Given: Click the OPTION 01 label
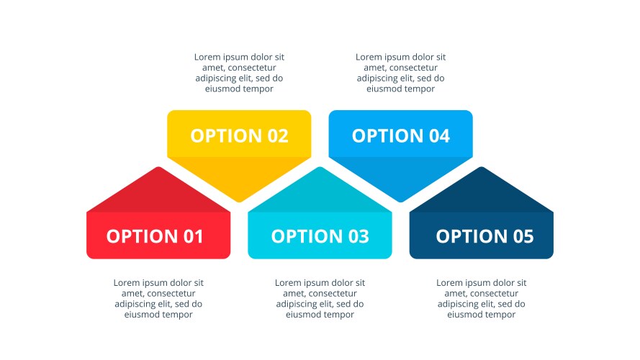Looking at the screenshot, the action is click(155, 236).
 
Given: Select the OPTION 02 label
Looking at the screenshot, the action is click(239, 136).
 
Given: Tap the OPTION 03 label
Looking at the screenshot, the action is click(320, 236).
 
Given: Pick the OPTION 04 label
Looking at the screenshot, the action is click(401, 136).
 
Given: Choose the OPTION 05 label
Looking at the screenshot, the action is click(485, 236).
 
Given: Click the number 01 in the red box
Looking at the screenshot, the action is click(193, 236).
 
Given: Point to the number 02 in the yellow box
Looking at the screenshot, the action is click(278, 136).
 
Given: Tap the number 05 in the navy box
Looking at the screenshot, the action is click(523, 236).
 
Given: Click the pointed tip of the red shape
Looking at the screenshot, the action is click(158, 167).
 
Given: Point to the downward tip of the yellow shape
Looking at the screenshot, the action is click(239, 202).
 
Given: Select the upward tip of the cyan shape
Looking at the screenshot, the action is click(320, 167).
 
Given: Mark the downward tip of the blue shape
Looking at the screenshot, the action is click(401, 202).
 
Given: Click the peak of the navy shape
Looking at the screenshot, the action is click(482, 167).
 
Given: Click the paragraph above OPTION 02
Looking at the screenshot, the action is click(239, 73).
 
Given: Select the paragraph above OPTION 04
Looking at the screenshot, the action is click(401, 73).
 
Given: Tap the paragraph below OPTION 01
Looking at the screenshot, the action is click(158, 298).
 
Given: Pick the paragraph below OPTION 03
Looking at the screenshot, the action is click(320, 298).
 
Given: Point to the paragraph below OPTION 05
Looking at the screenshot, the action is click(482, 298).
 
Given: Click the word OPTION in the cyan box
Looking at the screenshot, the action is click(307, 236).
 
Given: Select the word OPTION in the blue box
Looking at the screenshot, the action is click(388, 136).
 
